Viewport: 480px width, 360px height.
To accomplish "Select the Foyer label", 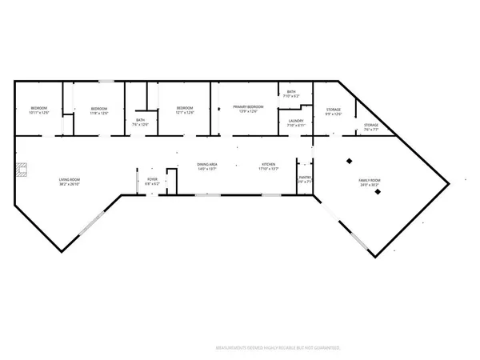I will [152, 181].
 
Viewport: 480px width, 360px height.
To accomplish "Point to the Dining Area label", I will [208, 167].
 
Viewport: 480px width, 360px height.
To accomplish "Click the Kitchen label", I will [268, 167].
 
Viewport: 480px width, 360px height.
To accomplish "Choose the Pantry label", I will [304, 180].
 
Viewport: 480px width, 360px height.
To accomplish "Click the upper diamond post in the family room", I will [349, 161].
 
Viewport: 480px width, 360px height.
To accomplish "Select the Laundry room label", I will [297, 123].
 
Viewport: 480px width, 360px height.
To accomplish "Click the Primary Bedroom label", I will [248, 109].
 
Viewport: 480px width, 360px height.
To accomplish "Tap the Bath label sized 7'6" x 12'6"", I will [140, 122].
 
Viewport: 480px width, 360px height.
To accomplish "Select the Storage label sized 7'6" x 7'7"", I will [371, 126].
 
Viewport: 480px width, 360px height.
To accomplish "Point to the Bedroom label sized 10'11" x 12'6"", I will [40, 110].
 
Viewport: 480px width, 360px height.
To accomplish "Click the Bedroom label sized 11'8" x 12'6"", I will [99, 110].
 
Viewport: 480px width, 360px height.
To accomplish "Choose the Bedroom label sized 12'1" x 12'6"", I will [185, 110].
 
